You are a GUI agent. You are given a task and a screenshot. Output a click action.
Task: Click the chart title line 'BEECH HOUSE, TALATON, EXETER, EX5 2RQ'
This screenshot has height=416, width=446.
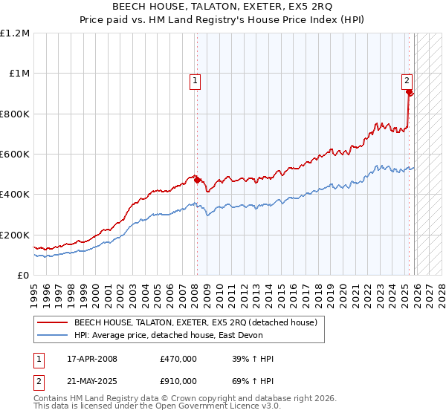[223, 6]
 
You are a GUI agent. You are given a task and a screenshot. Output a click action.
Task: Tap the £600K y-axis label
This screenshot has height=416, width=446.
[15, 155]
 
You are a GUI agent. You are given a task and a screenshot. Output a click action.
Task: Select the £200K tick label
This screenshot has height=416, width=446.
[15, 235]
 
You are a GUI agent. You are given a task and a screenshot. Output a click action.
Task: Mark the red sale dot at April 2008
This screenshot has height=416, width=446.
[197, 180]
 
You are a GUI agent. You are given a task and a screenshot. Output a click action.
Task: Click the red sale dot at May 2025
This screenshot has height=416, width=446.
[410, 92]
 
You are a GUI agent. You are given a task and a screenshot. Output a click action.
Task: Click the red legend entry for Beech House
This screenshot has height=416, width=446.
[195, 322]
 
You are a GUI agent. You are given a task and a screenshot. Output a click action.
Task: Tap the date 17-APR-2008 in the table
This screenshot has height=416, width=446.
[92, 359]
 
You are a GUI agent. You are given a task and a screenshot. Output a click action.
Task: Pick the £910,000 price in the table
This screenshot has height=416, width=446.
[178, 380]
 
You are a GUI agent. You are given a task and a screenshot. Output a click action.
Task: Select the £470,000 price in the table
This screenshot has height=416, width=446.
[178, 359]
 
